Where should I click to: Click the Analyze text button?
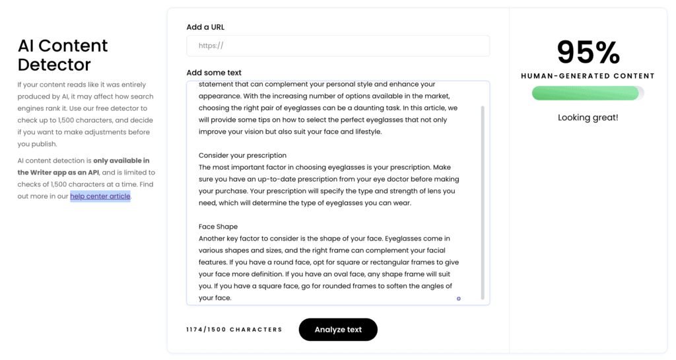pyautogui.click(x=338, y=330)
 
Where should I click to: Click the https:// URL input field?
pyautogui.click(x=338, y=46)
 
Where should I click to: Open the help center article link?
pyautogui.click(x=100, y=196)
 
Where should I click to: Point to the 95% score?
pyautogui.click(x=588, y=52)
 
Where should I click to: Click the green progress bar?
pyautogui.click(x=586, y=94)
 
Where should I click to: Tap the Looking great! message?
pyautogui.click(x=588, y=118)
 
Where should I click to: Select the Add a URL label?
pyautogui.click(x=205, y=27)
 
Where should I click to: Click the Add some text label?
pyautogui.click(x=214, y=73)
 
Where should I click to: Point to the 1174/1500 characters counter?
pyautogui.click(x=234, y=330)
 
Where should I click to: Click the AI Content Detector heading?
pyautogui.click(x=63, y=55)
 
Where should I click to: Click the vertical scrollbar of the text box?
pyautogui.click(x=483, y=198)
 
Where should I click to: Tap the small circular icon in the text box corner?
pyautogui.click(x=459, y=299)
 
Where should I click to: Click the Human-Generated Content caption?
pyautogui.click(x=588, y=76)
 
